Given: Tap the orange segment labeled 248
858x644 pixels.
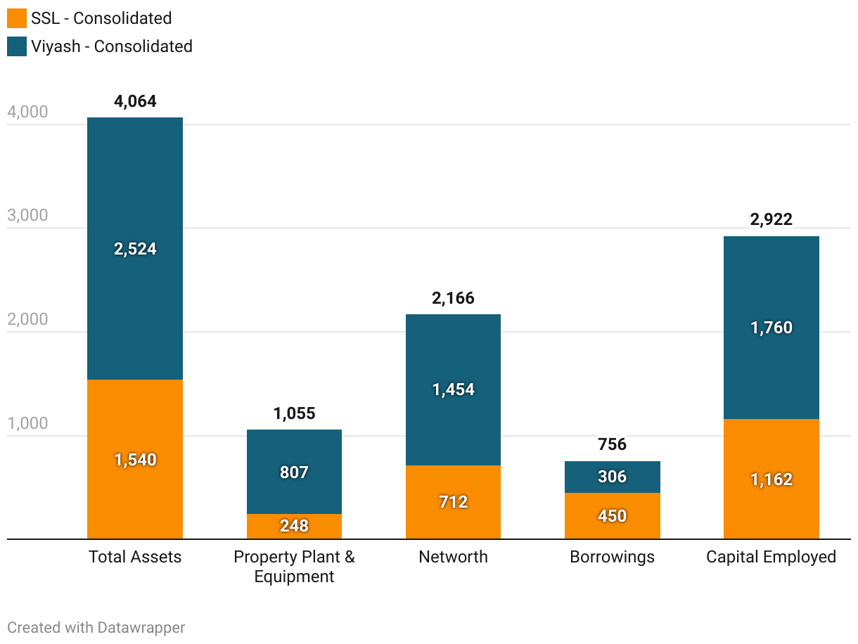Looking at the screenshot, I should click(x=294, y=526).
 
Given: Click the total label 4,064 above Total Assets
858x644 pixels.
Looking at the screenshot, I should click(x=135, y=101).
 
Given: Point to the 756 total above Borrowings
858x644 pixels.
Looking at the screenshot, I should click(x=612, y=444).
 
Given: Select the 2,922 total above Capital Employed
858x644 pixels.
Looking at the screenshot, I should click(x=771, y=219).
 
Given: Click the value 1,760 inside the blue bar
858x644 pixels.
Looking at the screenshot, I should click(x=771, y=328).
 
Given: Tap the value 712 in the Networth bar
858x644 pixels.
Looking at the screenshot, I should click(x=453, y=502).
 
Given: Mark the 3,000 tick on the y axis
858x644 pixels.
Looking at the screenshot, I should click(x=27, y=215).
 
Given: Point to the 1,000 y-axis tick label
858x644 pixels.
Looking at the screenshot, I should click(x=27, y=423).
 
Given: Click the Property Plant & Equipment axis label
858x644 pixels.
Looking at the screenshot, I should click(x=294, y=567).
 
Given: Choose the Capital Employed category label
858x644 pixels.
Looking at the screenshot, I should click(x=771, y=557).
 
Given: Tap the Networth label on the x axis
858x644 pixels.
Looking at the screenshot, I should click(x=453, y=557).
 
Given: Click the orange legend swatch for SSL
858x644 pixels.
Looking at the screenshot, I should click(x=17, y=18).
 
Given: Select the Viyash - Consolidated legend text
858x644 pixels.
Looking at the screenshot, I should click(x=111, y=46).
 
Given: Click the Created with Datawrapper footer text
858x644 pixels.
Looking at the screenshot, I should click(x=96, y=627).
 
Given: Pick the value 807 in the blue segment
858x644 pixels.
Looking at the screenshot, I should click(x=294, y=472).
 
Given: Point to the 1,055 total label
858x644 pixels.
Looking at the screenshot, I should click(x=294, y=413).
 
